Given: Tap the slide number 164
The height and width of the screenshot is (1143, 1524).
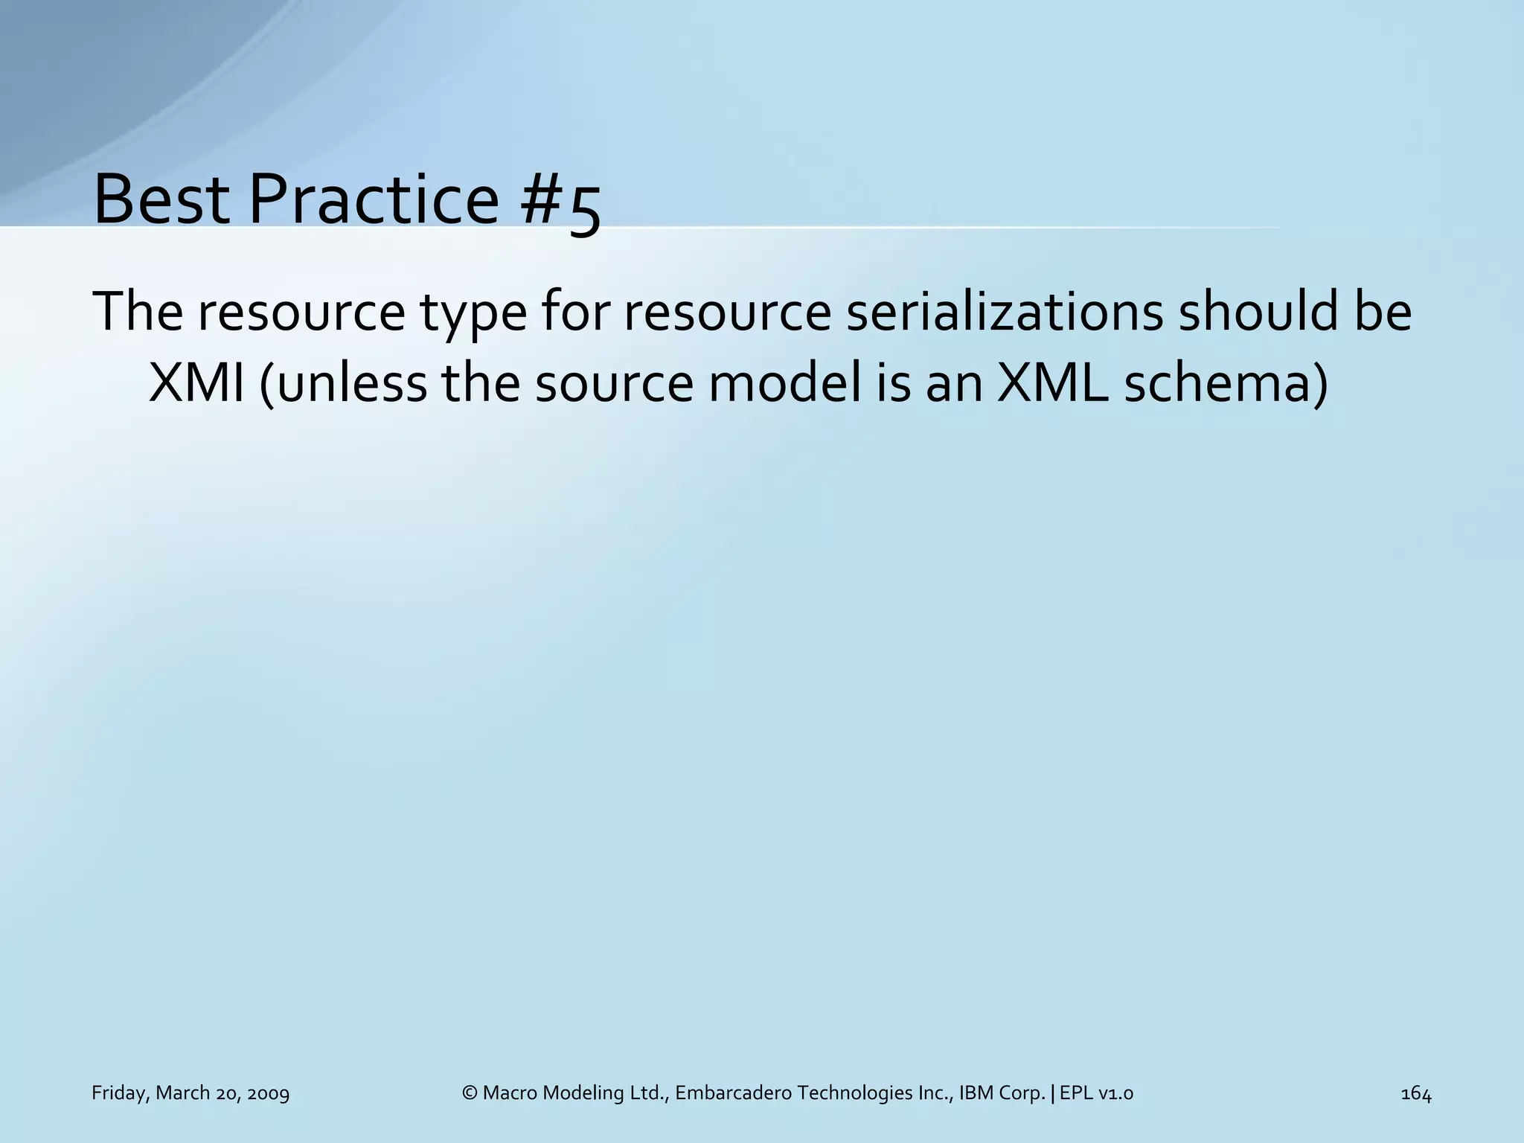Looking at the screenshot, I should (x=1415, y=1093).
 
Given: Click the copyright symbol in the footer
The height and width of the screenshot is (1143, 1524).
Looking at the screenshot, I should (x=469, y=1093).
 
